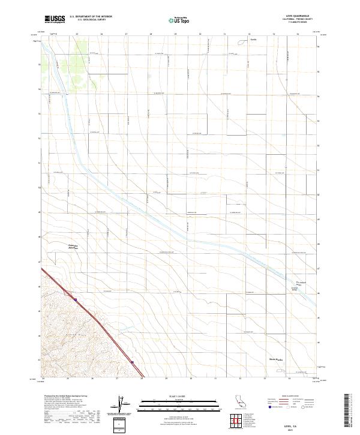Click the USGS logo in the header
tap(55, 19)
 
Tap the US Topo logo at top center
tap(179, 20)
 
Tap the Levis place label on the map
tap(245, 43)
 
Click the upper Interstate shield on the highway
tap(76, 298)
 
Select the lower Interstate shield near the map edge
tap(131, 362)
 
